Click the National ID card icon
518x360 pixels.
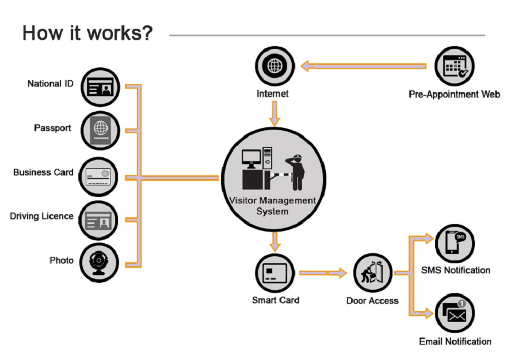tap(101, 88)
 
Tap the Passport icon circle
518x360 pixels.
tap(101, 131)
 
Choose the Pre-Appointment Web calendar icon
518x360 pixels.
tap(455, 66)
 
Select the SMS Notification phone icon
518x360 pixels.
tap(455, 244)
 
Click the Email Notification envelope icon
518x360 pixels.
tap(455, 313)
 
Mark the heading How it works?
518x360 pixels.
tap(87, 33)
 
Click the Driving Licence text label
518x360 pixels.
tap(41, 217)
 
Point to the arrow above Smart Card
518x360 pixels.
tap(275, 241)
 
